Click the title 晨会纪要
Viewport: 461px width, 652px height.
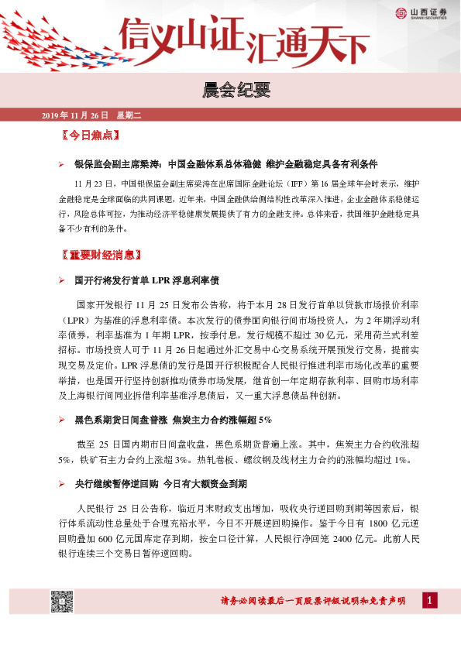pyautogui.click(x=230, y=91)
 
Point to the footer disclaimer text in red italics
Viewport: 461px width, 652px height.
pyautogui.click(x=314, y=602)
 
